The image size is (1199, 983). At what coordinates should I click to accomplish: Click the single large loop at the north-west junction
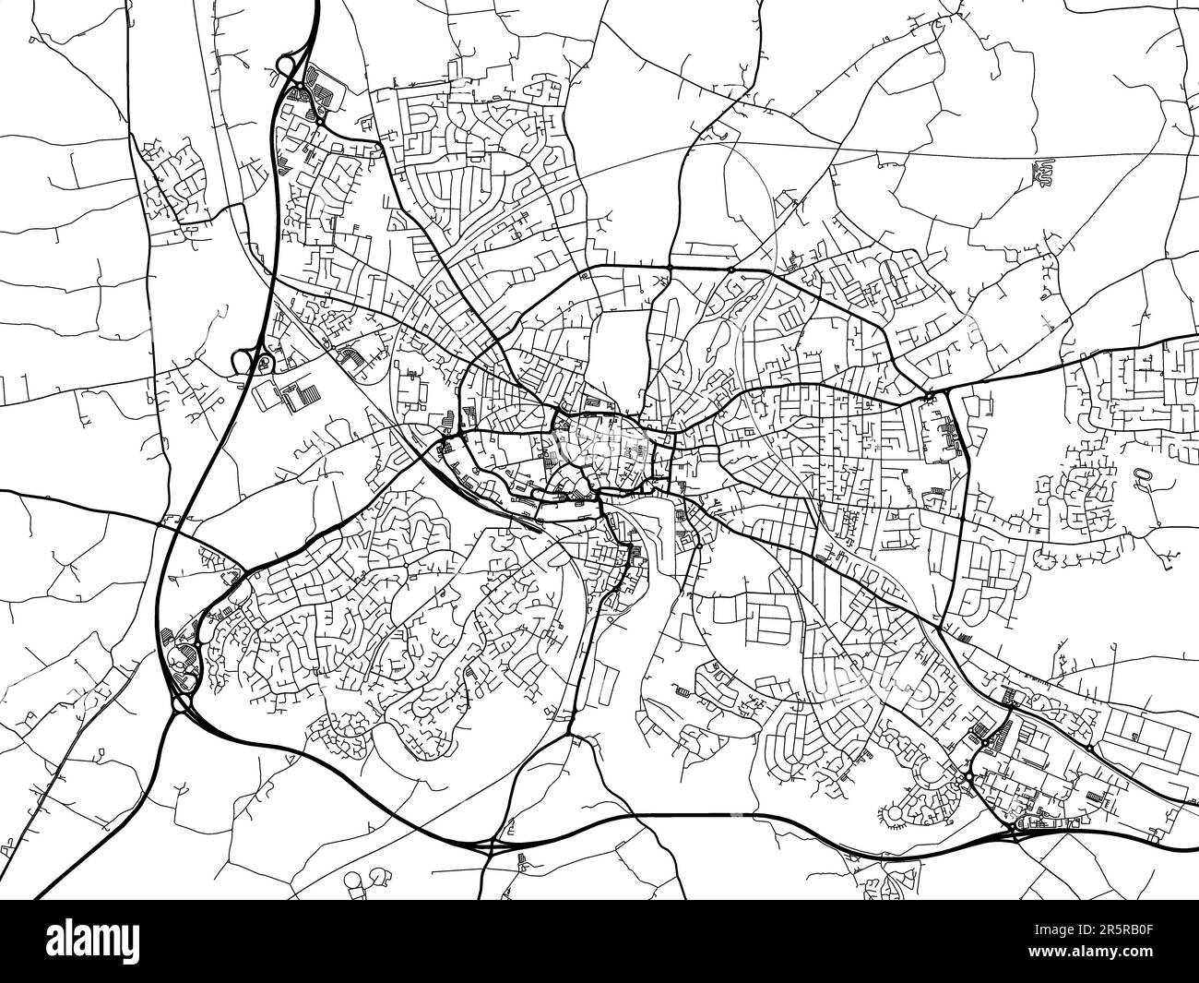(284, 66)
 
